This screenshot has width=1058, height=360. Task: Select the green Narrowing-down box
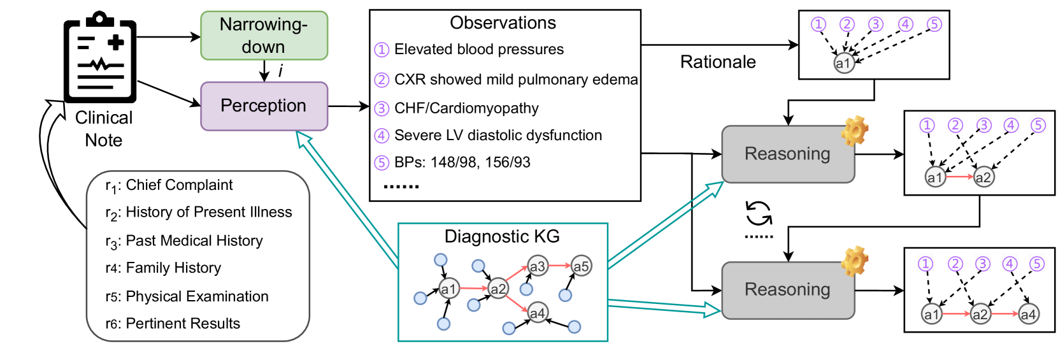click(264, 36)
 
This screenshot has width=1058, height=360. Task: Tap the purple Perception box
click(264, 106)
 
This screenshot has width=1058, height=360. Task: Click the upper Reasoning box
click(787, 154)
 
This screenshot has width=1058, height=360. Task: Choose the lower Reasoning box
click(787, 290)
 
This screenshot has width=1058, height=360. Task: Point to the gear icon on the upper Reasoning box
click(854, 131)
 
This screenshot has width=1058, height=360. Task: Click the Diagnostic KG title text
click(502, 236)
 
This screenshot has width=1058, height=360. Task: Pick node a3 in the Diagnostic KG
click(538, 266)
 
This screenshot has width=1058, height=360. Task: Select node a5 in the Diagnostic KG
click(581, 266)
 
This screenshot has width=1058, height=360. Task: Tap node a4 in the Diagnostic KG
click(538, 312)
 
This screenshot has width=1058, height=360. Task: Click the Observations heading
click(503, 23)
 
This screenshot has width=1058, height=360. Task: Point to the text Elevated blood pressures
click(478, 50)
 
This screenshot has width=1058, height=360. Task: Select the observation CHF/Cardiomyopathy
click(466, 108)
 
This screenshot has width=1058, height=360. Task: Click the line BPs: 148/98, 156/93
click(462, 162)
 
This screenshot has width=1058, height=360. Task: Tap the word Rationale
click(718, 62)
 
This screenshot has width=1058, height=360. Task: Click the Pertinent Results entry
click(182, 324)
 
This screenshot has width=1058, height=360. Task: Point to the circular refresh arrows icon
click(759, 213)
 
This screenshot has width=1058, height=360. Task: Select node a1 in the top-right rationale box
click(843, 63)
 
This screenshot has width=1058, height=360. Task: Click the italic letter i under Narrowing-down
click(280, 71)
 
